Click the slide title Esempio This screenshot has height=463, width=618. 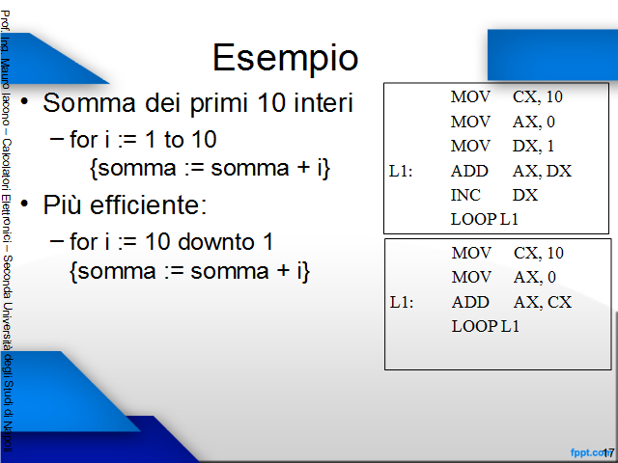286,58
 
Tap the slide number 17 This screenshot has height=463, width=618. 608,452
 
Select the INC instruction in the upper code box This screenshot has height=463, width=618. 465,195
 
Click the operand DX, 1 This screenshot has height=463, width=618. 533,146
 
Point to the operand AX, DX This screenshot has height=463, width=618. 542,171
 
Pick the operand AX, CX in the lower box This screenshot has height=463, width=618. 543,302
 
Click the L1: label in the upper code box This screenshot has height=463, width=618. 401,172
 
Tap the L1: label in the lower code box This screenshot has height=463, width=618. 402,302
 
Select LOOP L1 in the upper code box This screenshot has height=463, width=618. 485,219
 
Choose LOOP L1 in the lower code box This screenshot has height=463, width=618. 485,326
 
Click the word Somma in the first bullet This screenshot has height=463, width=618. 90,103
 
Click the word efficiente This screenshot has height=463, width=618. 148,204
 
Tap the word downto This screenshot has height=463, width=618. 216,241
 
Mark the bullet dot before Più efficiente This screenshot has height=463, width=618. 24,204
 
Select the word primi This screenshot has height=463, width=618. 220,104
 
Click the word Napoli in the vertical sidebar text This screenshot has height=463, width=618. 8,437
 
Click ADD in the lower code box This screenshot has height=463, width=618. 470,302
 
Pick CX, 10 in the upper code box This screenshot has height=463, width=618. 538,96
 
